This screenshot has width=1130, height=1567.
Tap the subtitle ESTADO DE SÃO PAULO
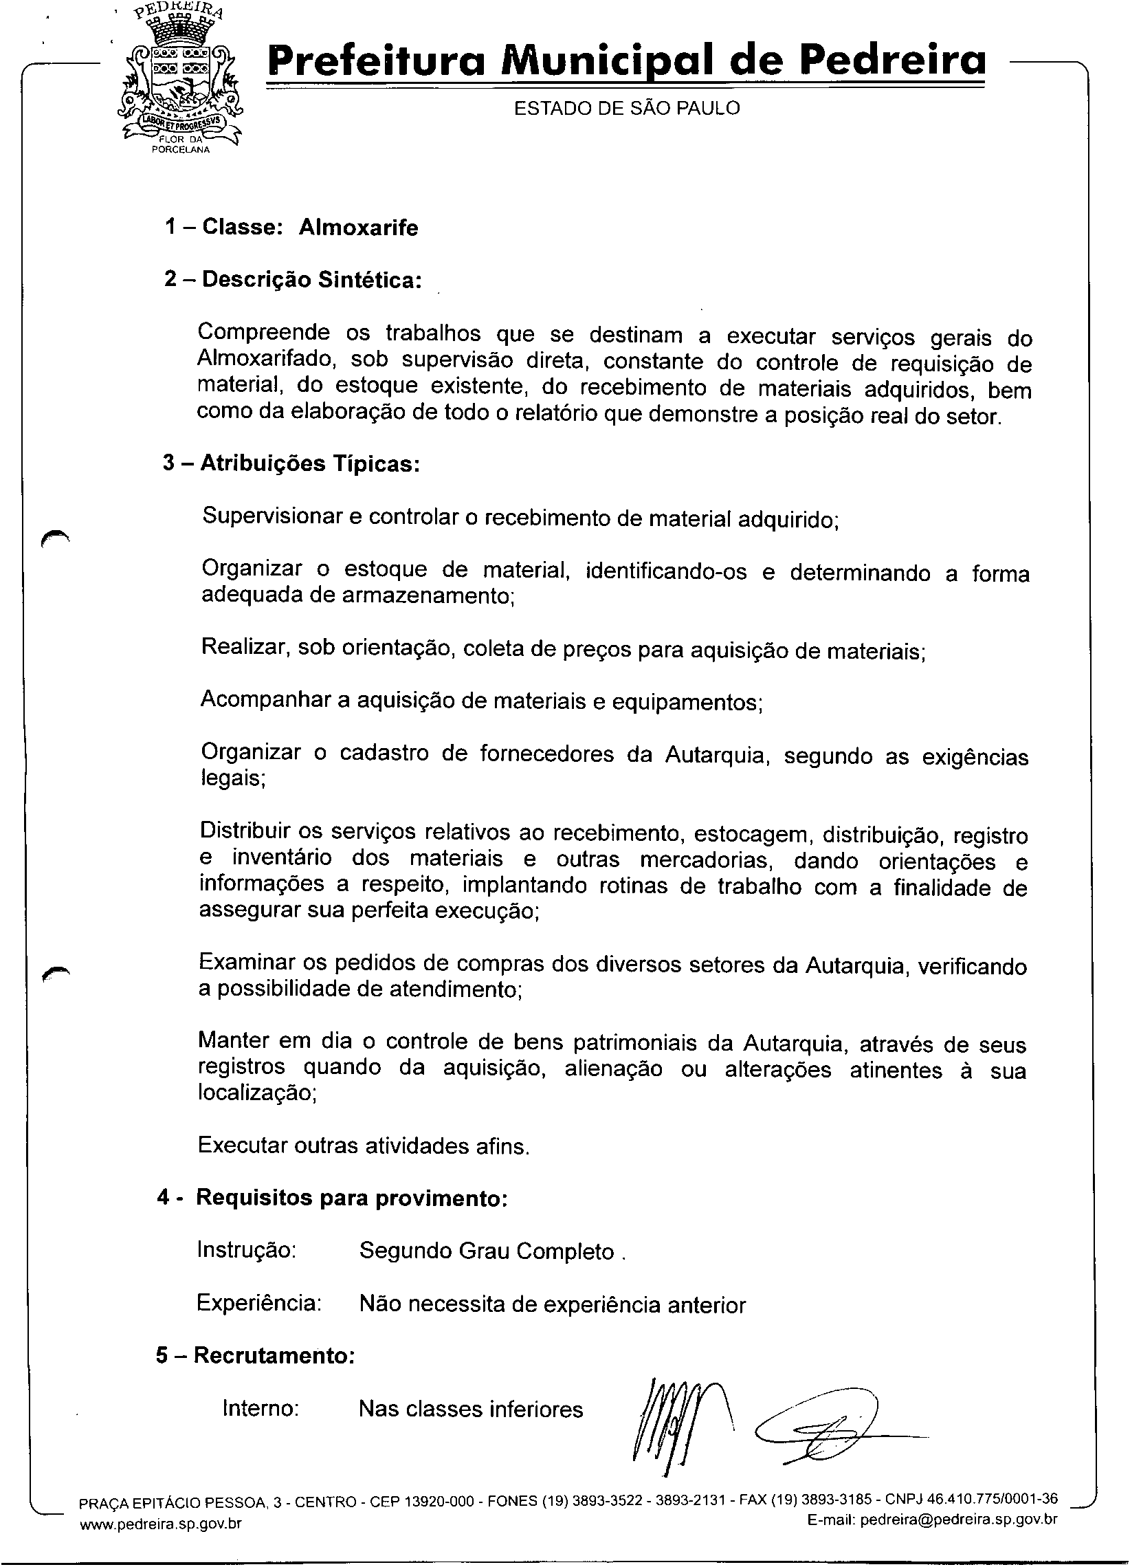click(x=626, y=109)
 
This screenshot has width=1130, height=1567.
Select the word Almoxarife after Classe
click(x=358, y=228)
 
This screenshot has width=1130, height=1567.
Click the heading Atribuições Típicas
click(x=291, y=463)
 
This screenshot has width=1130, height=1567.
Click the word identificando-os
click(x=666, y=572)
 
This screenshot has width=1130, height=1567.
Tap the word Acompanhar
click(x=265, y=700)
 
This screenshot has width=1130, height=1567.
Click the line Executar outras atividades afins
click(x=364, y=1146)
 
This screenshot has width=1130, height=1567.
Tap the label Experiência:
click(x=259, y=1304)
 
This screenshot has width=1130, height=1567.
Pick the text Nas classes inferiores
click(x=470, y=1409)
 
